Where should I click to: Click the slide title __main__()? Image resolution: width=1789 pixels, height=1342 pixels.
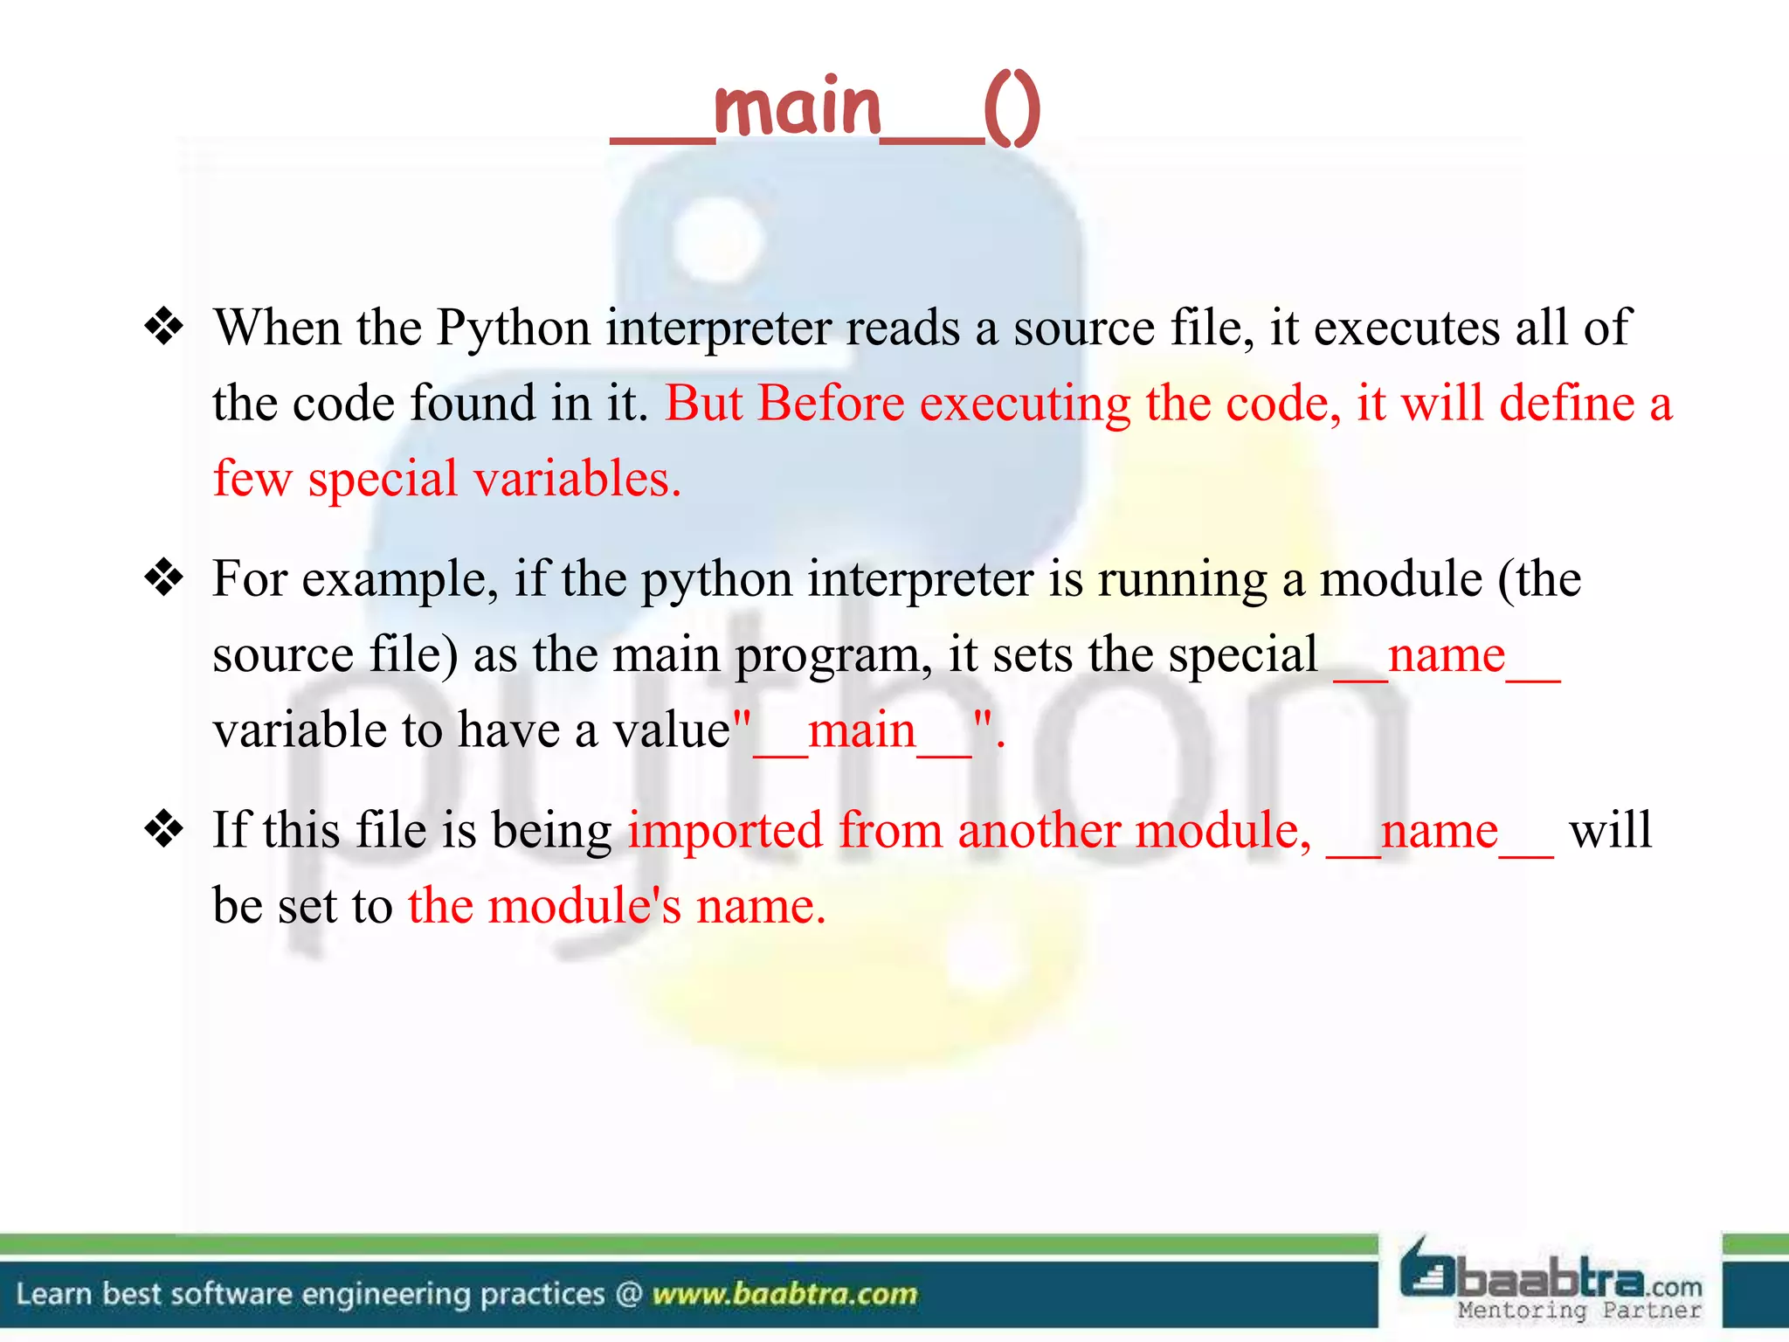pos(825,108)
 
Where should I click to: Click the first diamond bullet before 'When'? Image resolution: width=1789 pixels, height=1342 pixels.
pos(164,328)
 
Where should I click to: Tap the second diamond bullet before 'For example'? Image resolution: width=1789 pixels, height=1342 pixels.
pos(164,578)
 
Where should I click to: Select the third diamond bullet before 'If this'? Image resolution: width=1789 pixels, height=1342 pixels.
pos(164,829)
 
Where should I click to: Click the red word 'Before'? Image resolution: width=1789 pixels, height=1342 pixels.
pos(830,404)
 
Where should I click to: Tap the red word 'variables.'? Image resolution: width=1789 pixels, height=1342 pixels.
pos(577,479)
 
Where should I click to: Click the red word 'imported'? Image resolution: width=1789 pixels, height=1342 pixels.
pos(725,830)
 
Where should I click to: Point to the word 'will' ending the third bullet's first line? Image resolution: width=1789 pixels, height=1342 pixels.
pos(1610,830)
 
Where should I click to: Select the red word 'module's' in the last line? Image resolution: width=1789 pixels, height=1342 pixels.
pos(584,906)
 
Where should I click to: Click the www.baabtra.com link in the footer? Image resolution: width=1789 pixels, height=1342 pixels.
pos(784,1294)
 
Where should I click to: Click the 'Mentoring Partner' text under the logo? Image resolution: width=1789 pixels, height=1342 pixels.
pos(1579,1311)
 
